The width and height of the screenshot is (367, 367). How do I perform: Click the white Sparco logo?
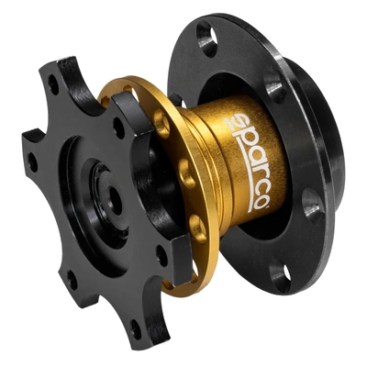(247, 162)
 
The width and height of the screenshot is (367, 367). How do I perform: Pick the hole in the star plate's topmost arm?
(53, 83)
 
